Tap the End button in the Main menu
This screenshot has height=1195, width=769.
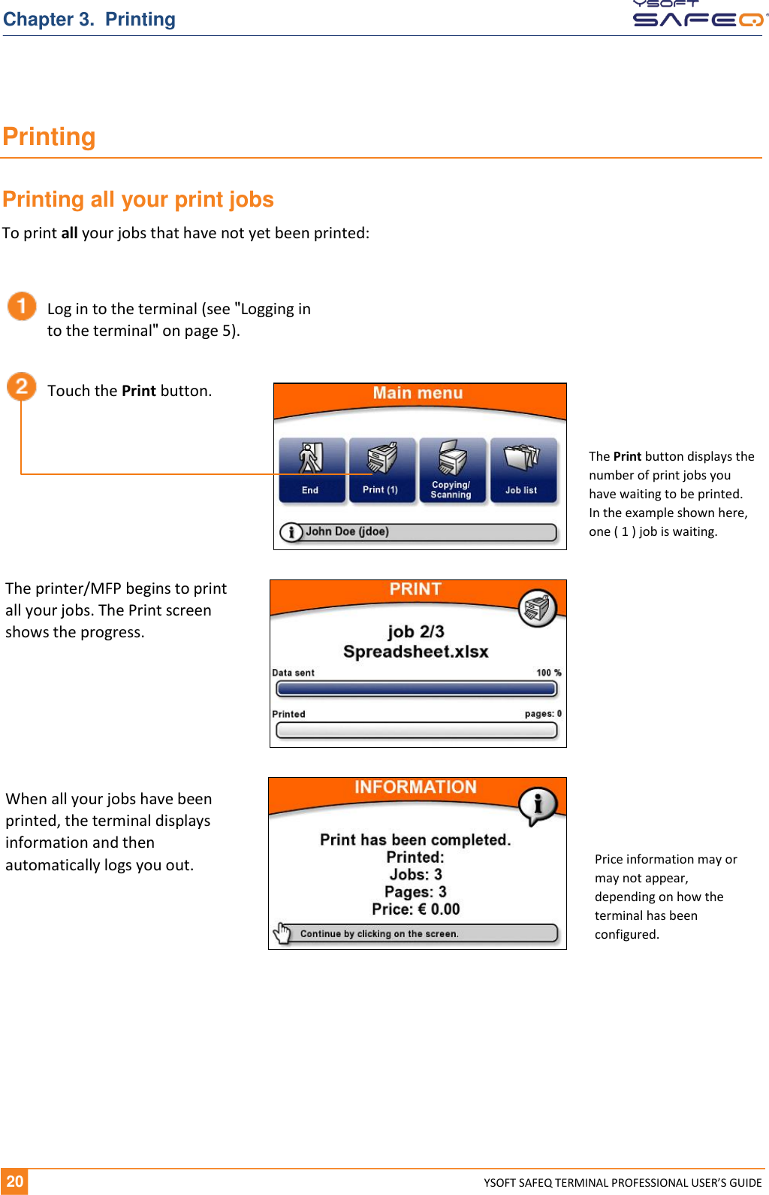coord(312,470)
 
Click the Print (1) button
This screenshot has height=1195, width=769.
coord(381,470)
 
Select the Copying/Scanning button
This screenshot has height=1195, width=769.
coord(452,470)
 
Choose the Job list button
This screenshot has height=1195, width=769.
coord(523,470)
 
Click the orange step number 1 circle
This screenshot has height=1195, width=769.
coord(22,307)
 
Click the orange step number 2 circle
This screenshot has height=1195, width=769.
coord(22,387)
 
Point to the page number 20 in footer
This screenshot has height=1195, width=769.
coord(14,1181)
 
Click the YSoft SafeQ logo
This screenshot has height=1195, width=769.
coord(698,14)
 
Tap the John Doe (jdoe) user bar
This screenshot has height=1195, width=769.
coord(418,532)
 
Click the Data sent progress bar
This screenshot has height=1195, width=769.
coord(417,688)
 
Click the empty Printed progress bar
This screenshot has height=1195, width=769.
coord(417,730)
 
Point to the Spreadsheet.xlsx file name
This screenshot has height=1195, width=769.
coord(416,652)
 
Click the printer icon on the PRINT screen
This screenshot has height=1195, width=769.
coord(538,608)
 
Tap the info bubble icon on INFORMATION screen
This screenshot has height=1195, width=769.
coord(538,806)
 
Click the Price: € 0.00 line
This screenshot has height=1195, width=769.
coord(416,909)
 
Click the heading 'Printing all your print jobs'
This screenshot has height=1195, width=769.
coord(138,199)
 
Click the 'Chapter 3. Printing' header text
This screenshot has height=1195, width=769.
coord(89,20)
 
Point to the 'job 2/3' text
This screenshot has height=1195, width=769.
coord(416,631)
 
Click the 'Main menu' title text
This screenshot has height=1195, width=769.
coord(418,393)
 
